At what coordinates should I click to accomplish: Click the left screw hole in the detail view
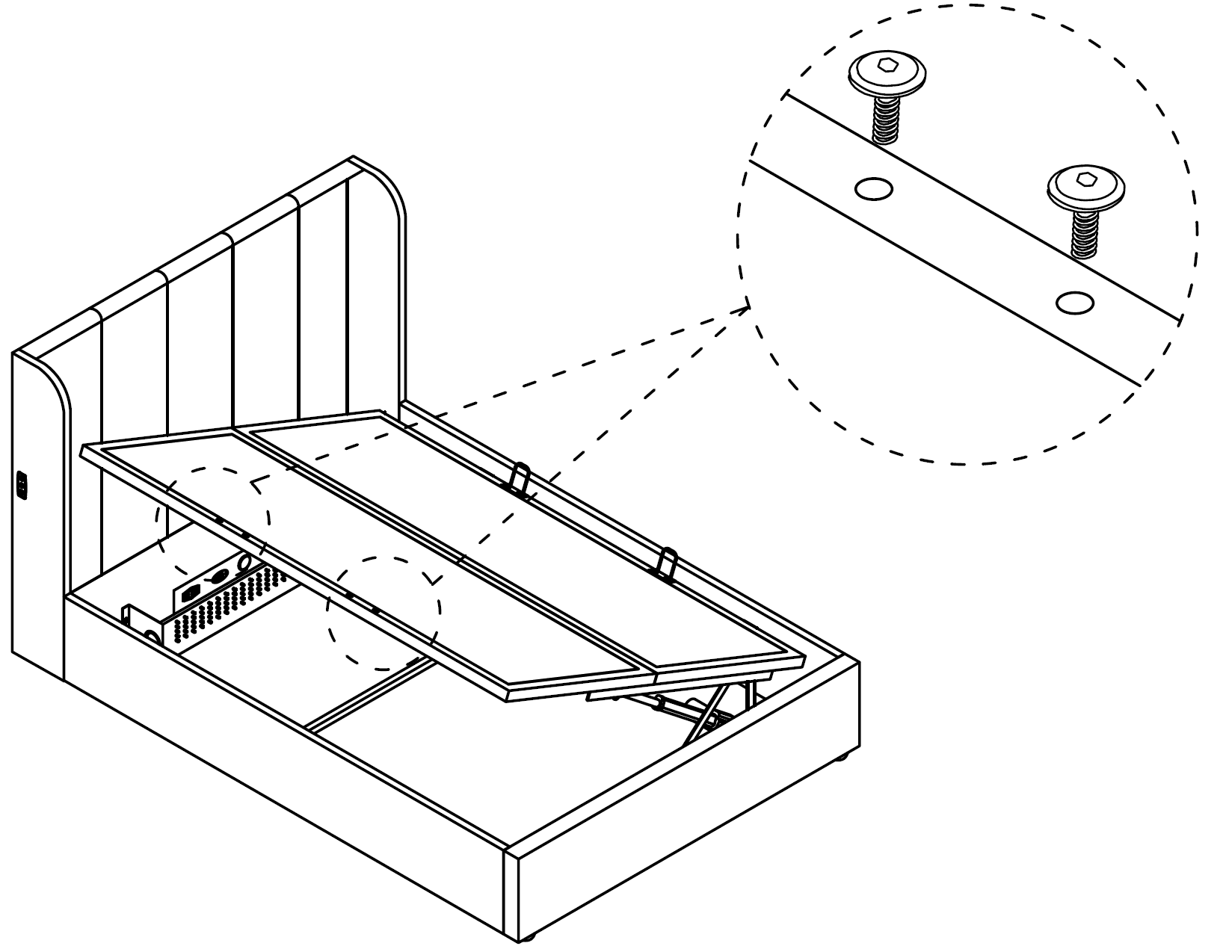(x=872, y=188)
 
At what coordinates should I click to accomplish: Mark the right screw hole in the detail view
(x=1075, y=303)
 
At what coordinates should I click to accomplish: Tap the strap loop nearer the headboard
(x=520, y=480)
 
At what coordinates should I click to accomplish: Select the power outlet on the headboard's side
(x=22, y=486)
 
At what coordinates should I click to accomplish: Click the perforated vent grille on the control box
(x=224, y=605)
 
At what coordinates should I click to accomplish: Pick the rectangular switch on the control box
(x=188, y=593)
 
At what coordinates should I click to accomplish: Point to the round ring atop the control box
(x=244, y=562)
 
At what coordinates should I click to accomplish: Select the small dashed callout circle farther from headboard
(x=383, y=613)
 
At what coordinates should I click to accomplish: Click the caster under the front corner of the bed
(x=528, y=937)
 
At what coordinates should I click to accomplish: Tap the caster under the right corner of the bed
(x=842, y=756)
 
